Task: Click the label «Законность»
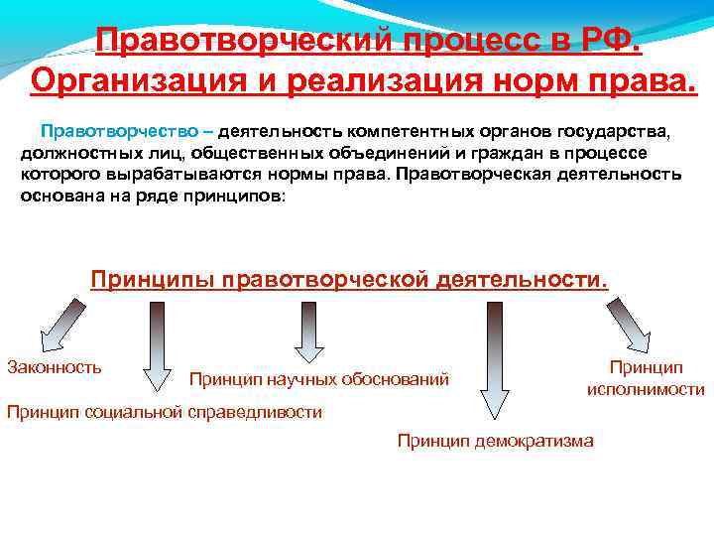coord(55,367)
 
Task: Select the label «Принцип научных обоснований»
coord(318,379)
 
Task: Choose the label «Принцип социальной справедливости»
coord(165,412)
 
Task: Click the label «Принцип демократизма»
coord(496,441)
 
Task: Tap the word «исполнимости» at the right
coord(646,389)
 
